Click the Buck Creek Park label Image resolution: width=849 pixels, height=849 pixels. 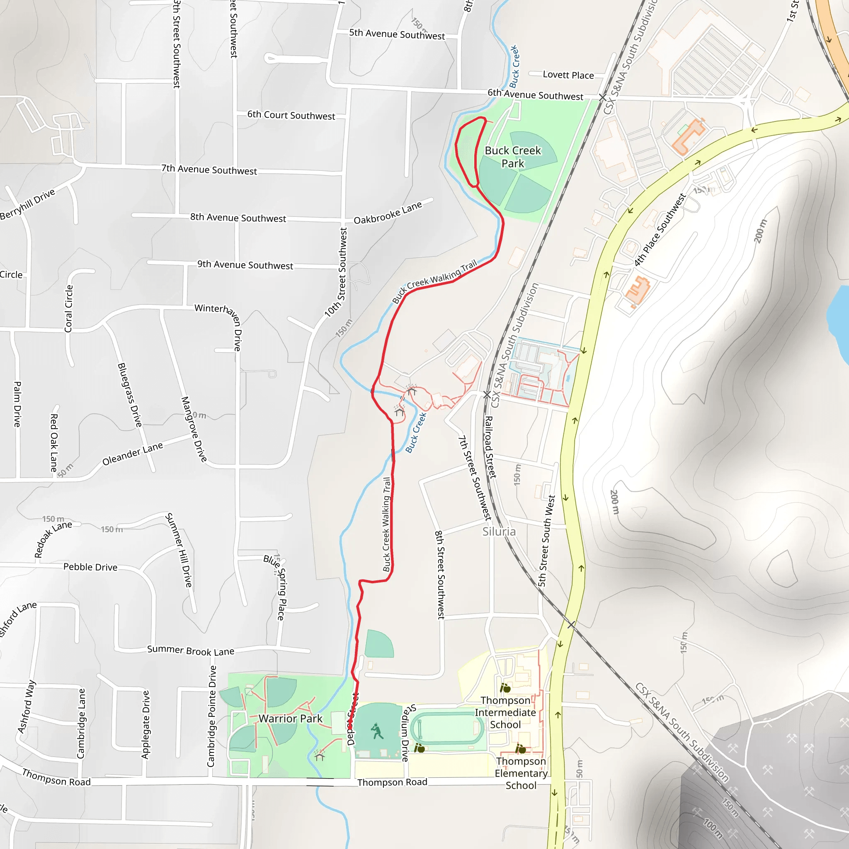coord(512,157)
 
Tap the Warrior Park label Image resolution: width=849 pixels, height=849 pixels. coord(290,718)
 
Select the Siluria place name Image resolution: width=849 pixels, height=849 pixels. coord(499,531)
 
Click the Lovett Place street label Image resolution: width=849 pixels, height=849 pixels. coord(568,75)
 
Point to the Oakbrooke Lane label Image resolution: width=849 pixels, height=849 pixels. coord(388,213)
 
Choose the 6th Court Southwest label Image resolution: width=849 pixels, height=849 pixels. coord(291,115)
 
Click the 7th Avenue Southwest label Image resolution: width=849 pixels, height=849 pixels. coord(209,170)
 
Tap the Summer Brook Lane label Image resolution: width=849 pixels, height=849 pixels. coord(190,650)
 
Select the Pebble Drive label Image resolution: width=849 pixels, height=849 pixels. coord(90,567)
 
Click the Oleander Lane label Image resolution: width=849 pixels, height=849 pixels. coord(132,454)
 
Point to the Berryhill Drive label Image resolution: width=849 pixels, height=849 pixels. coord(27,204)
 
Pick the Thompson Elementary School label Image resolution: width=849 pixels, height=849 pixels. coord(521,773)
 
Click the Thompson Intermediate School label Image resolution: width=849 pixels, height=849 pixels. coord(505,712)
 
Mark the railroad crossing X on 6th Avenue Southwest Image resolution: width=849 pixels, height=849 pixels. coord(602,97)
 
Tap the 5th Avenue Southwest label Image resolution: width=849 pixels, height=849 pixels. coord(397,34)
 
